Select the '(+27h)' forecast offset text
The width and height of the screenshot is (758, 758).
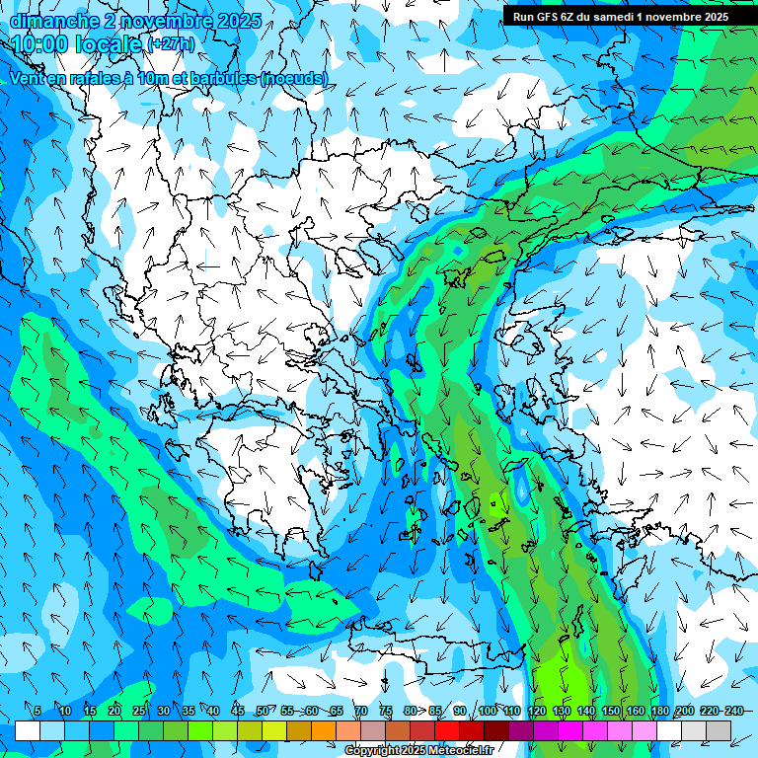pos(171,44)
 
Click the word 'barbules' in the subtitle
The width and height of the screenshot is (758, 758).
pos(215,78)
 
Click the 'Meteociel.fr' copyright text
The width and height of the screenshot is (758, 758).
pos(457,751)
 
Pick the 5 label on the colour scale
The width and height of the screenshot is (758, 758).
pos(38,712)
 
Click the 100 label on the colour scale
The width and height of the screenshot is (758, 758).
pos(488,712)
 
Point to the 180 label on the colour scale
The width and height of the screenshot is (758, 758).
pos(660,712)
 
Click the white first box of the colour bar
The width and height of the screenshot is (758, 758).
pos(28,730)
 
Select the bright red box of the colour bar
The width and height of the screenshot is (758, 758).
pos(447,730)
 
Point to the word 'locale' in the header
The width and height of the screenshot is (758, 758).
pos(110,44)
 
